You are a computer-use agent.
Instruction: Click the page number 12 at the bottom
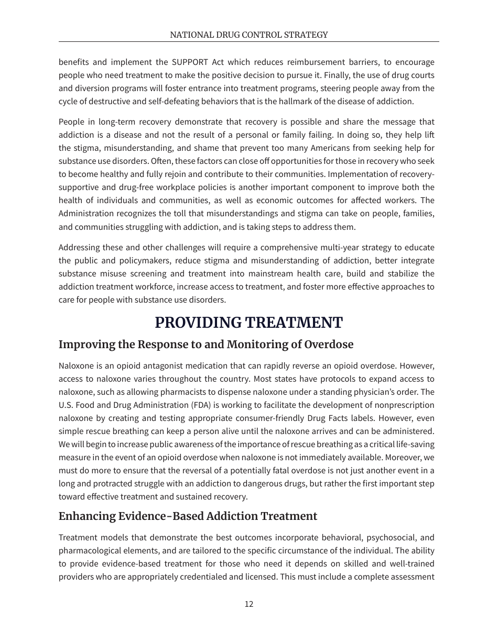[x=248, y=604]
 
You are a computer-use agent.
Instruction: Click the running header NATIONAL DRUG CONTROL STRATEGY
[x=248, y=35]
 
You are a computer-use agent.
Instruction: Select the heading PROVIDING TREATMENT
[x=248, y=323]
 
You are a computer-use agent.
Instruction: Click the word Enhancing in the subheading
[x=84, y=516]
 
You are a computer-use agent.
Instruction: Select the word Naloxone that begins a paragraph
[x=75, y=366]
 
